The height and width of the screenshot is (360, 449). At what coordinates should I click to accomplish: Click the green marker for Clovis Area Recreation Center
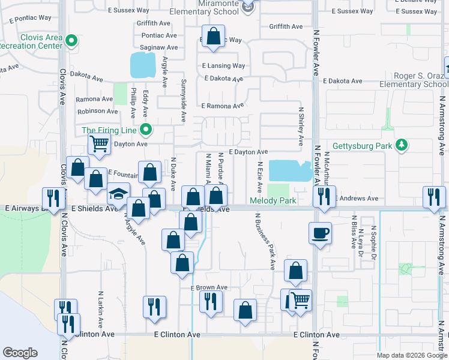72,41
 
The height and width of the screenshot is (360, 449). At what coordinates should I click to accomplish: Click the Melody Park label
273,201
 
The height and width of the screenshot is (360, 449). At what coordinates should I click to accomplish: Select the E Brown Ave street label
209,288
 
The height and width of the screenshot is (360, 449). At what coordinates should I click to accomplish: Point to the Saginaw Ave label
158,47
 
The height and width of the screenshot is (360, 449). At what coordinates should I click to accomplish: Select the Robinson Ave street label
98,111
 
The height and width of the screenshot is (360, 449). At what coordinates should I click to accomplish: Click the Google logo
20,353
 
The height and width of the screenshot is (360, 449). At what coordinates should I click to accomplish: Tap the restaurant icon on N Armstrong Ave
433,197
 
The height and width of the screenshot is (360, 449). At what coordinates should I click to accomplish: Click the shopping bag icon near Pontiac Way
213,36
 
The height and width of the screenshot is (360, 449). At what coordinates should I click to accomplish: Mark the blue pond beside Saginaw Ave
142,65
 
